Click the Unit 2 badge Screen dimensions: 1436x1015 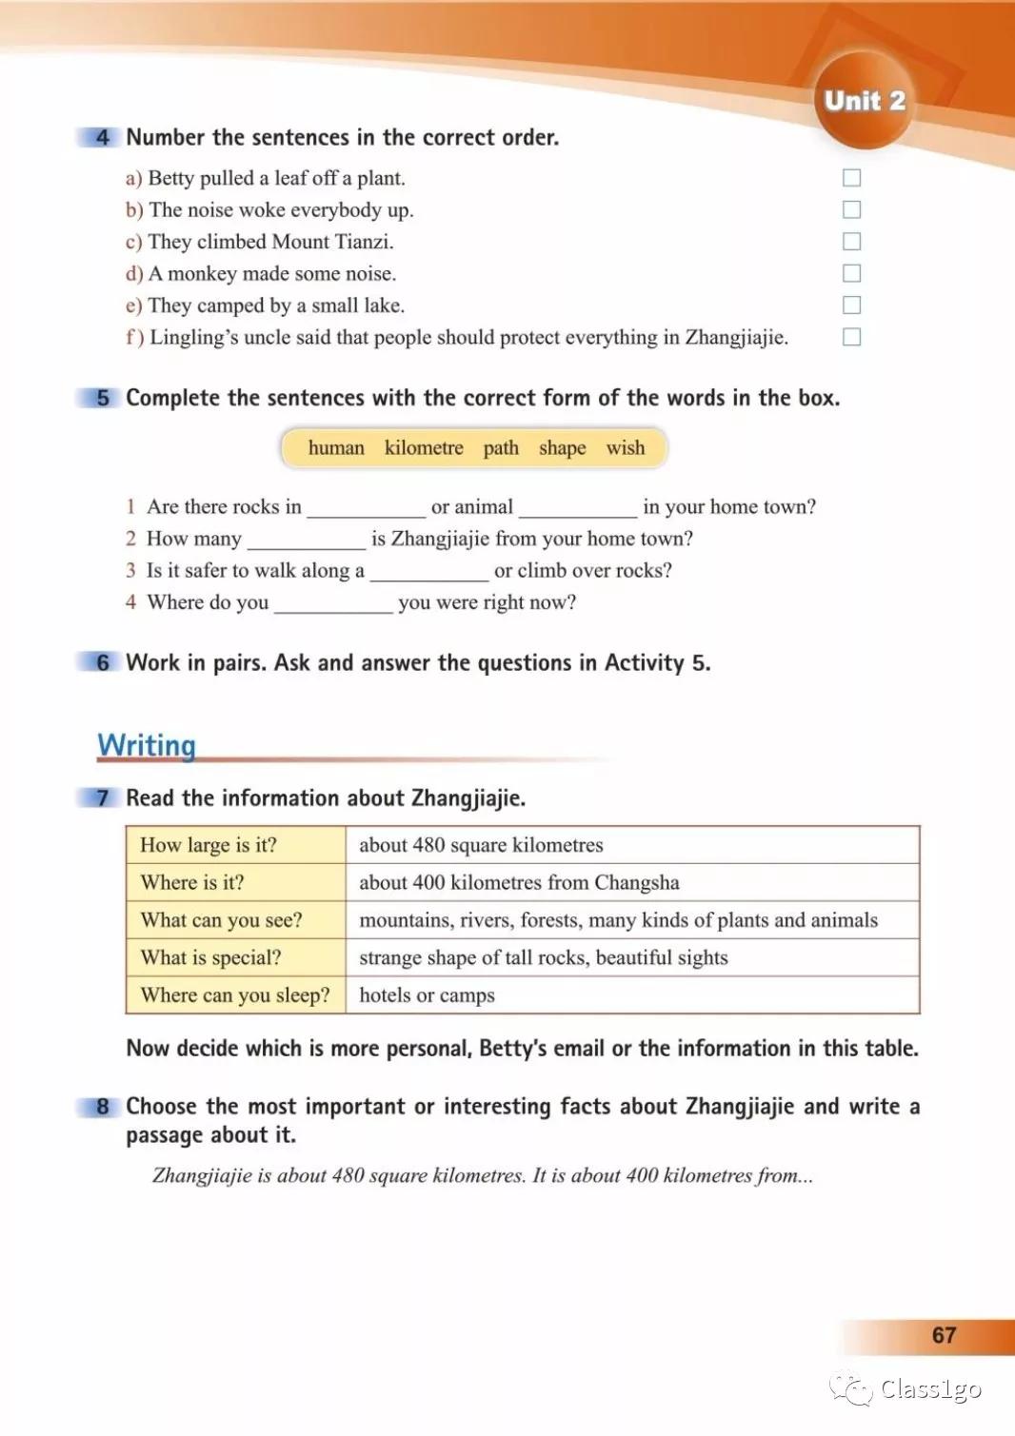[864, 101]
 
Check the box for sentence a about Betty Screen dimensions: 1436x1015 [852, 178]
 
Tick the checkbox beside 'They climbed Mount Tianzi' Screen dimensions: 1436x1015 [852, 242]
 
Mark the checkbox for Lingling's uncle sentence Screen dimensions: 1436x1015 [852, 337]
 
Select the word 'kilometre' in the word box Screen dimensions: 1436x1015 [424, 448]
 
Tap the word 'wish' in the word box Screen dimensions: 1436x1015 [626, 448]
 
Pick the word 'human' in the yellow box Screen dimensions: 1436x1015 [336, 448]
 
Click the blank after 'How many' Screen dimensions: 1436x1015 [306, 541]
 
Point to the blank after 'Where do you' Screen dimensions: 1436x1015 [333, 604]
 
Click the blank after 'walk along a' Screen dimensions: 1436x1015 [429, 572]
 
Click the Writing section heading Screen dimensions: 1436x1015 [147, 745]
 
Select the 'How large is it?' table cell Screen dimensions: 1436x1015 [209, 845]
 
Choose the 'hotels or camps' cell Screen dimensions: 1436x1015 [427, 995]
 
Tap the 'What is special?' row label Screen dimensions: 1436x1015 [210, 957]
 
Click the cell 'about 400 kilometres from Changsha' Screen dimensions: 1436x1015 [519, 882]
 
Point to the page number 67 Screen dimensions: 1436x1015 [944, 1335]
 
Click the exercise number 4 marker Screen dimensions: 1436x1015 [103, 138]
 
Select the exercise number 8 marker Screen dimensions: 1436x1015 [103, 1107]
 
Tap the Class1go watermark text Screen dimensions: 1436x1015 [930, 1389]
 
